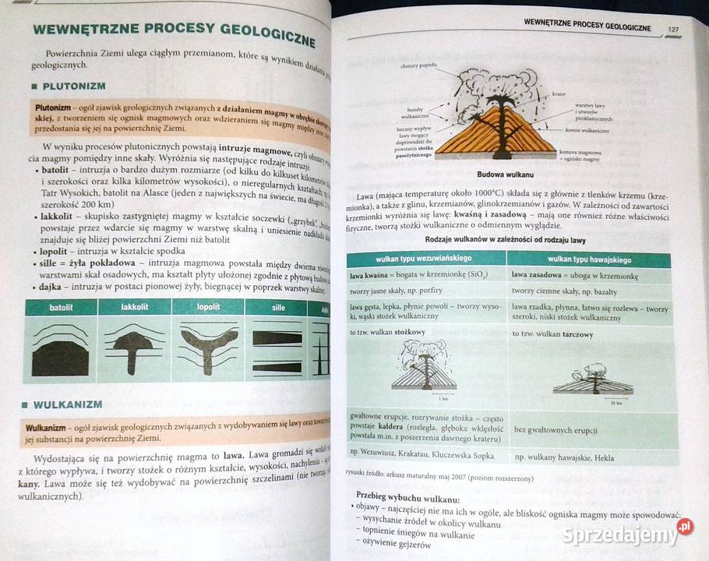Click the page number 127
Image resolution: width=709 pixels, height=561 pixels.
[674, 30]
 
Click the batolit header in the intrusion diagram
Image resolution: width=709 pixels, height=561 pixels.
[61, 307]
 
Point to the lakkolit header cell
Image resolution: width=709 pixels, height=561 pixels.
[134, 307]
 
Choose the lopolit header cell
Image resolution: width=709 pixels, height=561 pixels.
[208, 307]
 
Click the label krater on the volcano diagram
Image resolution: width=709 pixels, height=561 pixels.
[558, 94]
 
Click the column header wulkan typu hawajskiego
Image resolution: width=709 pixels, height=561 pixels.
[589, 259]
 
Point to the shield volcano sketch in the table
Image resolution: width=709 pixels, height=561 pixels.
[594, 382]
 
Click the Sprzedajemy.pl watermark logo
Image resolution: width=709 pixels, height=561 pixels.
[630, 535]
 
